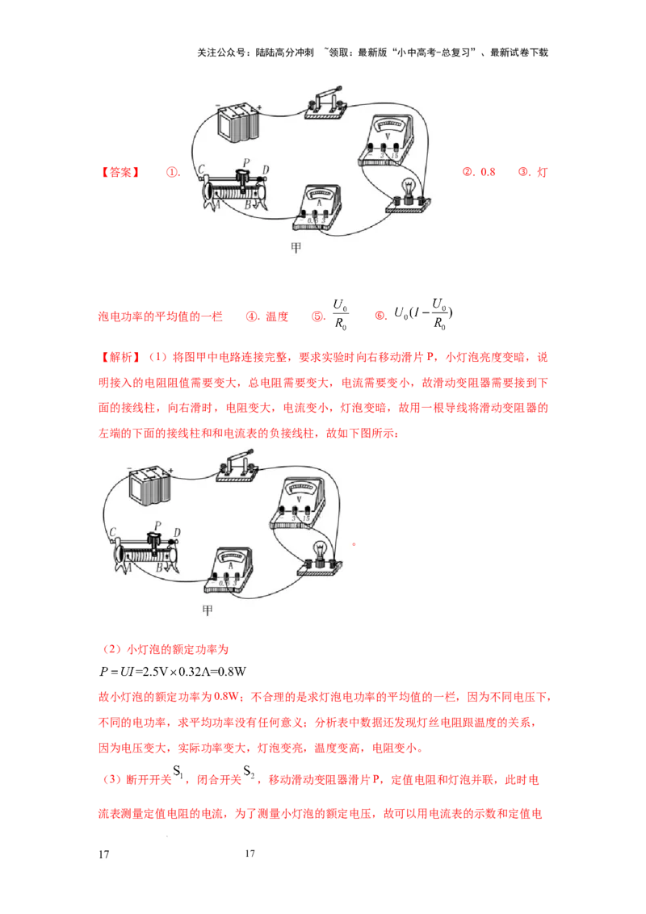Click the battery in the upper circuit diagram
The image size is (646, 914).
(238, 121)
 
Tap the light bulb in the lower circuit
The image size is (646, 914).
(320, 559)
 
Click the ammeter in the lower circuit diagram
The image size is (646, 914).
(229, 572)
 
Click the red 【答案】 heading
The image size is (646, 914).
(120, 173)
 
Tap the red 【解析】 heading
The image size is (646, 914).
(120, 358)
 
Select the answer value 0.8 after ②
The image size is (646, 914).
(488, 172)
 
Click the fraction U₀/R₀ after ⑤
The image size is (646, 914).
(341, 315)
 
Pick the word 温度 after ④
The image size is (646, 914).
(277, 317)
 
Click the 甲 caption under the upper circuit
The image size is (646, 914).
(296, 248)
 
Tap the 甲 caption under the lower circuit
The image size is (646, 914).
(208, 610)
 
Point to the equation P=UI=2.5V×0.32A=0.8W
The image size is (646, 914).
(173, 672)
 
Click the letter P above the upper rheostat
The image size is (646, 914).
(246, 163)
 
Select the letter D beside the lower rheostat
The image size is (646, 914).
(177, 532)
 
